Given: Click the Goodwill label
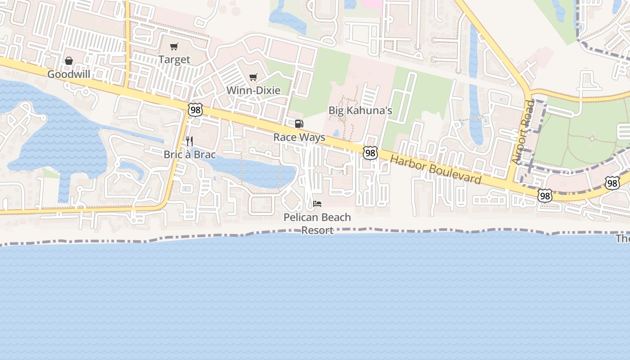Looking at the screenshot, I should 69,74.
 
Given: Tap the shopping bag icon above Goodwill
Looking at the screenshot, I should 69,61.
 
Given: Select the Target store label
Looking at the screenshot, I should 174,59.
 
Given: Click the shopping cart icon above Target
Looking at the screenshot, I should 174,46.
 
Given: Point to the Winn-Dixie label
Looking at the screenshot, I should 253,90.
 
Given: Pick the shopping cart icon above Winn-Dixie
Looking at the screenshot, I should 253,77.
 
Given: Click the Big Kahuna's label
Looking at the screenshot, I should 360,110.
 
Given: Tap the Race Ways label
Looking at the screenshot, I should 299,137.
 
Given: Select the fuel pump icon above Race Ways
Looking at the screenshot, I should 299,124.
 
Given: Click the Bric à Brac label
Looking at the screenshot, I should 189,154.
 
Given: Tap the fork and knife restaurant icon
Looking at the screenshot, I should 189,141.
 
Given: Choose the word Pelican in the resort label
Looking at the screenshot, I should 301,217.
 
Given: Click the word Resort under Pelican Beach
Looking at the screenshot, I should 317,230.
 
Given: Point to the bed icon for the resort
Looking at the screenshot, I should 317,204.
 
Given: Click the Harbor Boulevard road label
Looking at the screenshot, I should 436,169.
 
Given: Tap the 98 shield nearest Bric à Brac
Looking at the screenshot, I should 196,110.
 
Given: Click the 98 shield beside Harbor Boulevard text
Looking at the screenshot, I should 370,153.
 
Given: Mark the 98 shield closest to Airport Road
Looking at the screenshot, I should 545,196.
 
